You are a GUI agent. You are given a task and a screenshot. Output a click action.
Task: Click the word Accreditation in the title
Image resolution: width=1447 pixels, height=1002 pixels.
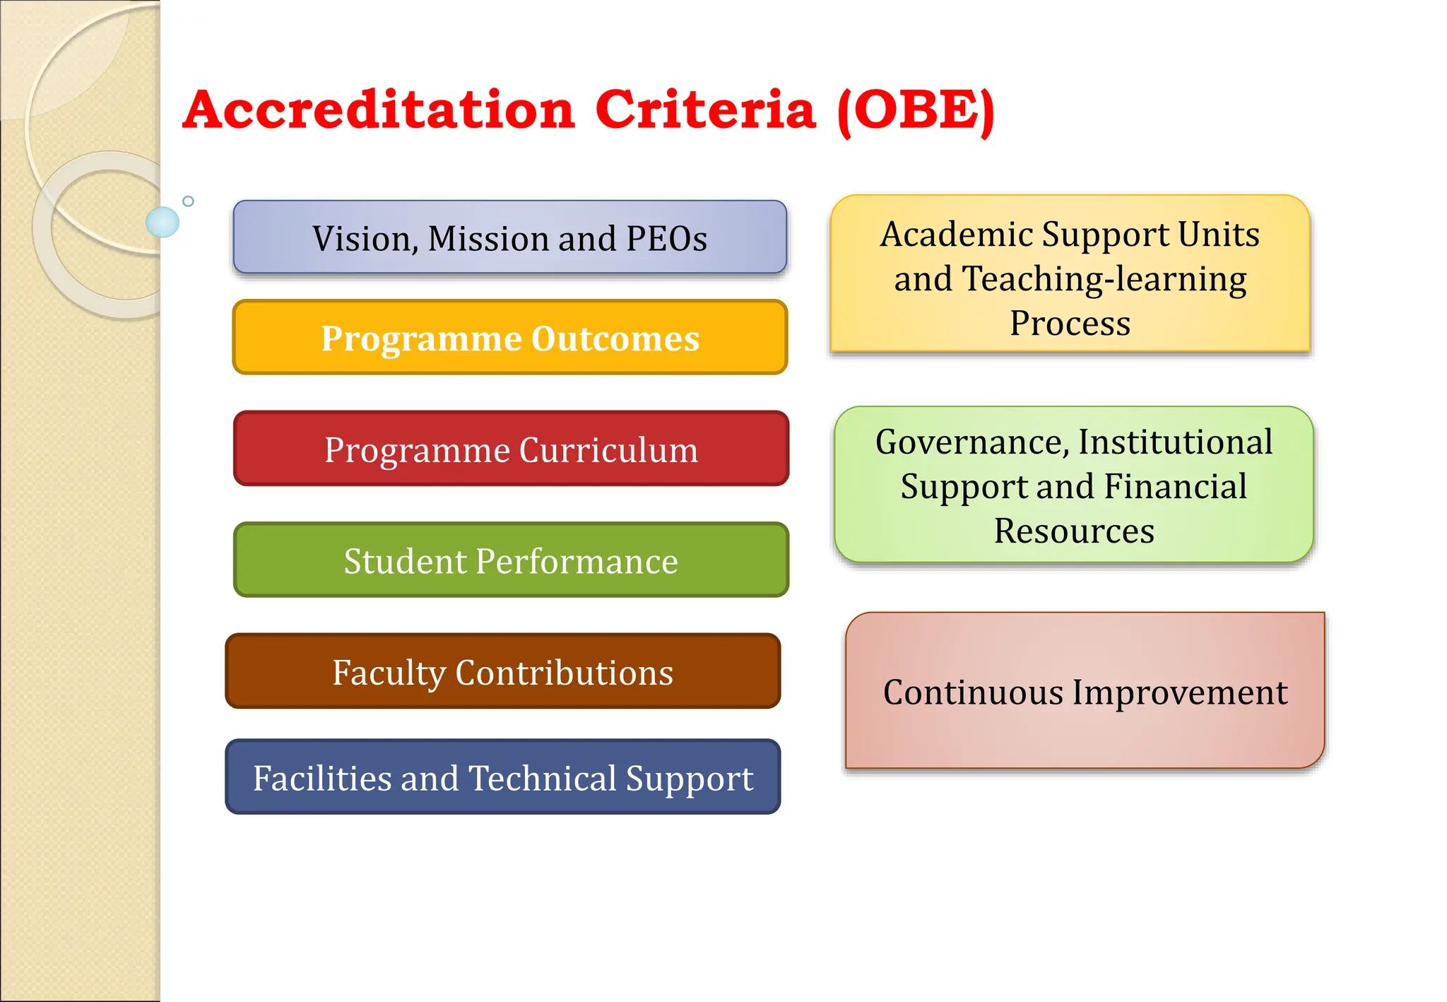tap(379, 110)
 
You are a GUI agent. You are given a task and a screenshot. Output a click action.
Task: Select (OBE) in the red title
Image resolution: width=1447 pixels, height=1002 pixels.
tap(916, 110)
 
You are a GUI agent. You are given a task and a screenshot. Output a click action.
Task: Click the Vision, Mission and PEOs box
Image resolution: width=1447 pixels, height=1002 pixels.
tap(509, 237)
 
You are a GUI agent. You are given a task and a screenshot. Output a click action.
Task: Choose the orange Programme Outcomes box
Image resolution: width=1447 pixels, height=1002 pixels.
tap(509, 338)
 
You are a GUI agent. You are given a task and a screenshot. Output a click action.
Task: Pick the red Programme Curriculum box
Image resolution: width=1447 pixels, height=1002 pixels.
tap(511, 449)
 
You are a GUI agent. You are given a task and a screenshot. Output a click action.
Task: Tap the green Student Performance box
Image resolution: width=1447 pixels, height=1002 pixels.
tap(511, 560)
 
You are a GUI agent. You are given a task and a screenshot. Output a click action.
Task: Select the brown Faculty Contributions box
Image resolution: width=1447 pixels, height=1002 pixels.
tap(502, 671)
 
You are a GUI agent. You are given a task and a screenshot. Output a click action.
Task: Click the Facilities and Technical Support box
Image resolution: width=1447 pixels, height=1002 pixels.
tap(502, 777)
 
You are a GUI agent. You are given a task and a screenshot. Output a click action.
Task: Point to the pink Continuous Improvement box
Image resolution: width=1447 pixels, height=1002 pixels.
tap(1085, 691)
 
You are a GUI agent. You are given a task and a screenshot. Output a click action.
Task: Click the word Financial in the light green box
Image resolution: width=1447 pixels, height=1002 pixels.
tap(1175, 487)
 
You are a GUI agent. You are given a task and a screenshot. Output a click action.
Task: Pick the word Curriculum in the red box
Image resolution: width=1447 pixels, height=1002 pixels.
tap(608, 450)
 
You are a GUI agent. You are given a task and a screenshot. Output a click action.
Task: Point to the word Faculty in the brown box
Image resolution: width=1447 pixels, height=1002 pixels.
tap(389, 673)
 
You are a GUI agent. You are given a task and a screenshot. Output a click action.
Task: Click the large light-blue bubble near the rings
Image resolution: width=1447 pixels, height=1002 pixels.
tap(163, 222)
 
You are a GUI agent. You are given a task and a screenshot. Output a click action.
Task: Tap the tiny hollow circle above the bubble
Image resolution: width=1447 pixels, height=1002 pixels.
tap(188, 201)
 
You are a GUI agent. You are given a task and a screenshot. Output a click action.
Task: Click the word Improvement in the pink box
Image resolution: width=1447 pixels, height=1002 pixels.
tap(1179, 692)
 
